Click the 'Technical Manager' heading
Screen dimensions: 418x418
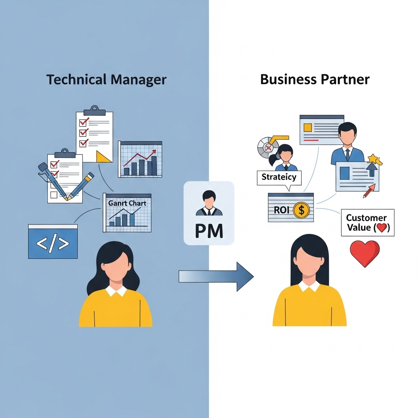106,79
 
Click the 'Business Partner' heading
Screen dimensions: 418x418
315,79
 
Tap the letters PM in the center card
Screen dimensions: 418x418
209,231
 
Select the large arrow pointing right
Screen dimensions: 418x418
216,276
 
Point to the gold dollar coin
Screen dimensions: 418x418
302,211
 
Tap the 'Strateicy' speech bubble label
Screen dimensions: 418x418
279,178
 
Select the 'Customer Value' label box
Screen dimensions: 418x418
367,223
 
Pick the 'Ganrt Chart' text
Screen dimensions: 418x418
127,203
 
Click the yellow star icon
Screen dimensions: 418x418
374,159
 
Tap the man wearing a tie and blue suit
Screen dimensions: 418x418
347,145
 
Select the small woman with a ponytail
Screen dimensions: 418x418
285,157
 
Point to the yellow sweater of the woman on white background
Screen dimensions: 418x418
309,307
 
